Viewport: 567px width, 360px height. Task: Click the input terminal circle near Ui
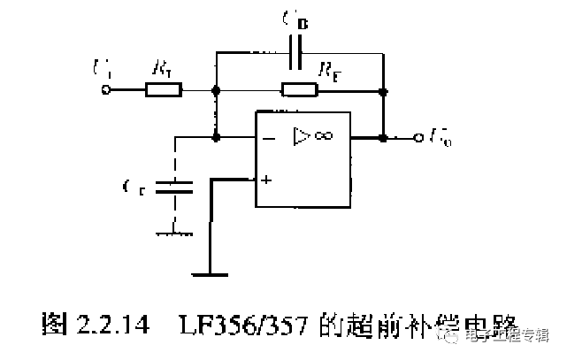[108, 89]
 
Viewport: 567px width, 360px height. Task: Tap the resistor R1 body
[164, 89]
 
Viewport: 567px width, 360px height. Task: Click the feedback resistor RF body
[299, 89]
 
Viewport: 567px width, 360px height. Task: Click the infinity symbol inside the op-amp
[323, 136]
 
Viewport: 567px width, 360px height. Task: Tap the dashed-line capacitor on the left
[174, 187]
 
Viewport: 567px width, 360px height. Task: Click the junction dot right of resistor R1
[215, 89]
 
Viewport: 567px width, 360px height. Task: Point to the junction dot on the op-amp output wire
[383, 138]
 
